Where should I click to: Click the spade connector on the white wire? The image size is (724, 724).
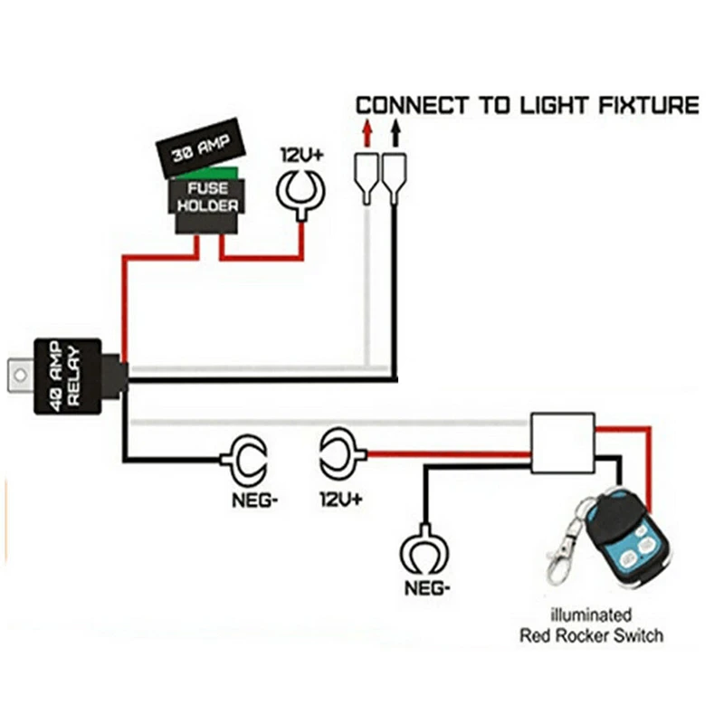pyautogui.click(x=366, y=177)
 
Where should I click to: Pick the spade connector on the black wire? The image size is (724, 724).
pyautogui.click(x=395, y=177)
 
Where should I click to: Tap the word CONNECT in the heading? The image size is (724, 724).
pyautogui.click(x=413, y=105)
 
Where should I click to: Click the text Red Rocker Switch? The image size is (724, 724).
pyautogui.click(x=591, y=635)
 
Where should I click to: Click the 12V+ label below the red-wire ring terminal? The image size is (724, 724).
pyautogui.click(x=340, y=499)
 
